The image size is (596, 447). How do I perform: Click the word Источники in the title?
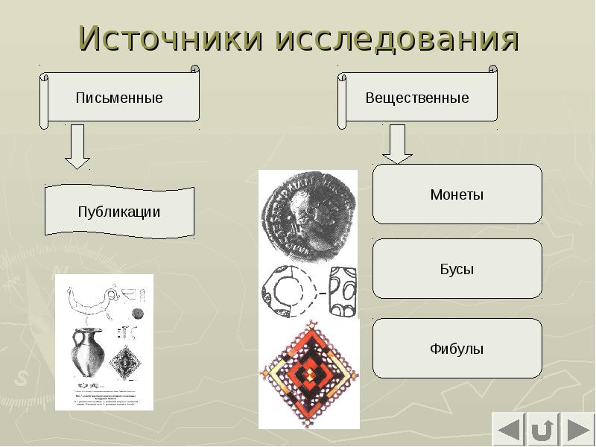(x=172, y=39)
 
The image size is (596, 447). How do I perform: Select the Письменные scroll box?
(x=120, y=98)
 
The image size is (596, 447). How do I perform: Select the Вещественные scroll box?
(x=418, y=98)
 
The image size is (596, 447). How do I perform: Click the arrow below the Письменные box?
(x=77, y=147)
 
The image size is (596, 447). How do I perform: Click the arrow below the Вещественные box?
(x=398, y=145)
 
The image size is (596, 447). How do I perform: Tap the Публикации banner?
(x=119, y=212)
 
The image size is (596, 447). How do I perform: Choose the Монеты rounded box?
(x=457, y=194)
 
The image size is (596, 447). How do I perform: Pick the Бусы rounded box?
(x=457, y=269)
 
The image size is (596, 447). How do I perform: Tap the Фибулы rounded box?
(x=457, y=348)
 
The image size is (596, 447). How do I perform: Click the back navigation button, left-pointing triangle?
(x=510, y=431)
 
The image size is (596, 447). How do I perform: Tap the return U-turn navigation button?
(x=542, y=431)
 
